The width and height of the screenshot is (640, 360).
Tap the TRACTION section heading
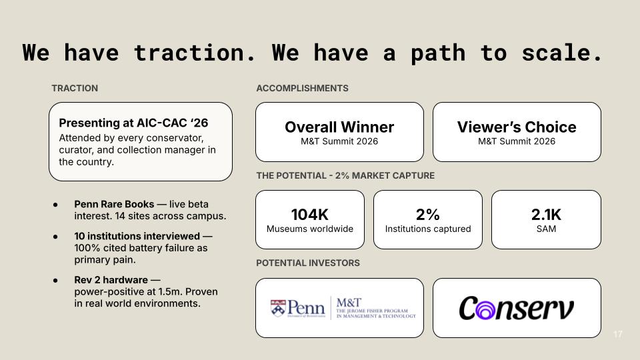click(x=75, y=88)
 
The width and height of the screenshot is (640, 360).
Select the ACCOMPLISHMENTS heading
click(x=303, y=88)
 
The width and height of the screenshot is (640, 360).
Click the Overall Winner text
click(x=339, y=127)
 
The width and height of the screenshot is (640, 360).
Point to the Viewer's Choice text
click(x=517, y=127)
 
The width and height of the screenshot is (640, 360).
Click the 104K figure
click(x=310, y=214)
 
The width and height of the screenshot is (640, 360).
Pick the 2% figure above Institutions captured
click(x=428, y=214)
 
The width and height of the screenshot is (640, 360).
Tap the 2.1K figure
click(x=546, y=214)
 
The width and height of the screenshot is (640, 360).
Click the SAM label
click(x=546, y=229)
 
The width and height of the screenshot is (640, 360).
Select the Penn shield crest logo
click(x=277, y=308)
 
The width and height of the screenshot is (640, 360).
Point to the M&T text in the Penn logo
click(x=349, y=303)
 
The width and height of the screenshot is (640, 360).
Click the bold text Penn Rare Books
click(x=114, y=204)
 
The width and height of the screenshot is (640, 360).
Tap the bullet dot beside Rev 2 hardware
click(x=55, y=281)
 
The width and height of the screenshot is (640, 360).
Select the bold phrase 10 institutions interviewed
click(x=137, y=236)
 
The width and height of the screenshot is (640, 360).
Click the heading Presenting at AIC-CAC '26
click(x=133, y=123)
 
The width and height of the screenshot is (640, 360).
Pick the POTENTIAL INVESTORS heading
click(x=308, y=263)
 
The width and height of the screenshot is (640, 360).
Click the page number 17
click(x=618, y=334)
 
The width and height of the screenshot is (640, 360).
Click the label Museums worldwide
click(x=310, y=229)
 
